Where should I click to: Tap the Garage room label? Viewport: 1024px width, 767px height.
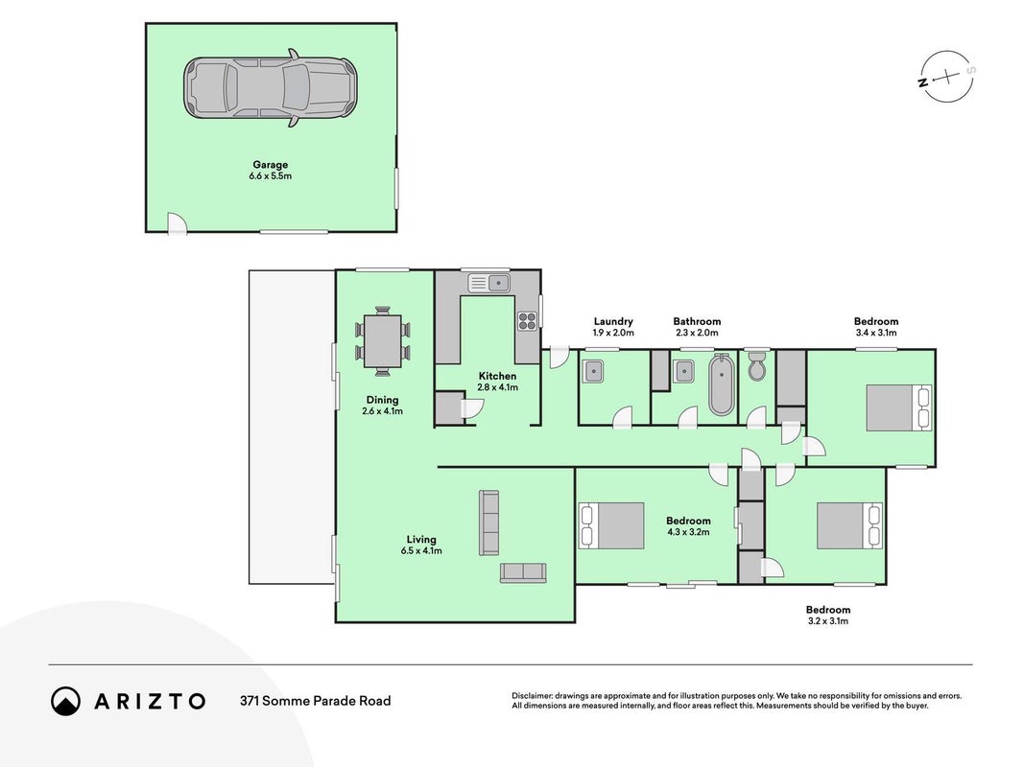pos(270,165)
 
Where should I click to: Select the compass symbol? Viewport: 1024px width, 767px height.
pos(947,77)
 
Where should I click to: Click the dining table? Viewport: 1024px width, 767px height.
pos(383,341)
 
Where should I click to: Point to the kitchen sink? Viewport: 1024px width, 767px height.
pos(489,283)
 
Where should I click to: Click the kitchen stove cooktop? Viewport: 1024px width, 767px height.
pos(527,320)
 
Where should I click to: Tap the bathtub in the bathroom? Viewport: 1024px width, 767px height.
pos(721,384)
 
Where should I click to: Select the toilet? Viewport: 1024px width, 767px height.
pos(757,367)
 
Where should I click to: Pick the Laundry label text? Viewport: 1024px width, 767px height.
pos(613,321)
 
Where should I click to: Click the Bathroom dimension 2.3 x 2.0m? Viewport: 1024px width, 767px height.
pos(697,333)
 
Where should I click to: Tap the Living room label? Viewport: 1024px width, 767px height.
pos(421,540)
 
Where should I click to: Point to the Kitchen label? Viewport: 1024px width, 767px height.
pos(497,376)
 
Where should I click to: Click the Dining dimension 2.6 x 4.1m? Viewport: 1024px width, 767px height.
pos(382,411)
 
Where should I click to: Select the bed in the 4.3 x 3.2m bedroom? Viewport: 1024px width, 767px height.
pos(611,525)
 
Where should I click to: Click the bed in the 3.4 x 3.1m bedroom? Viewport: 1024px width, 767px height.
pos(898,407)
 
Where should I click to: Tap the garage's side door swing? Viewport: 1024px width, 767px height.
pos(177,223)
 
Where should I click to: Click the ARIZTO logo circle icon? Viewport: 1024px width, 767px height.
pos(65,701)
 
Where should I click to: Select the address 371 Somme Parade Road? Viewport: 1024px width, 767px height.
pos(316,701)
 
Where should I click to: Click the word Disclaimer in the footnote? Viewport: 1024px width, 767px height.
pos(532,696)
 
